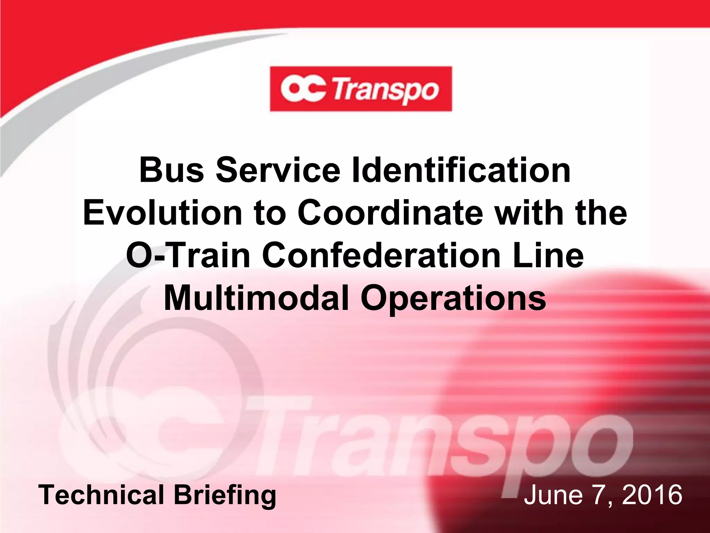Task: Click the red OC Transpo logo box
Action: point(361,89)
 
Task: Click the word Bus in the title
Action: point(172,170)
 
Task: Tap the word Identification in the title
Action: point(461,170)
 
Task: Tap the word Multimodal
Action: point(256,298)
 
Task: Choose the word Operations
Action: point(453,298)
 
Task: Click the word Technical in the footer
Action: point(101,495)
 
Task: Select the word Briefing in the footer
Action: point(225,496)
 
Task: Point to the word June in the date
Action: point(553,495)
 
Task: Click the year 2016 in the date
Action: point(652,495)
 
